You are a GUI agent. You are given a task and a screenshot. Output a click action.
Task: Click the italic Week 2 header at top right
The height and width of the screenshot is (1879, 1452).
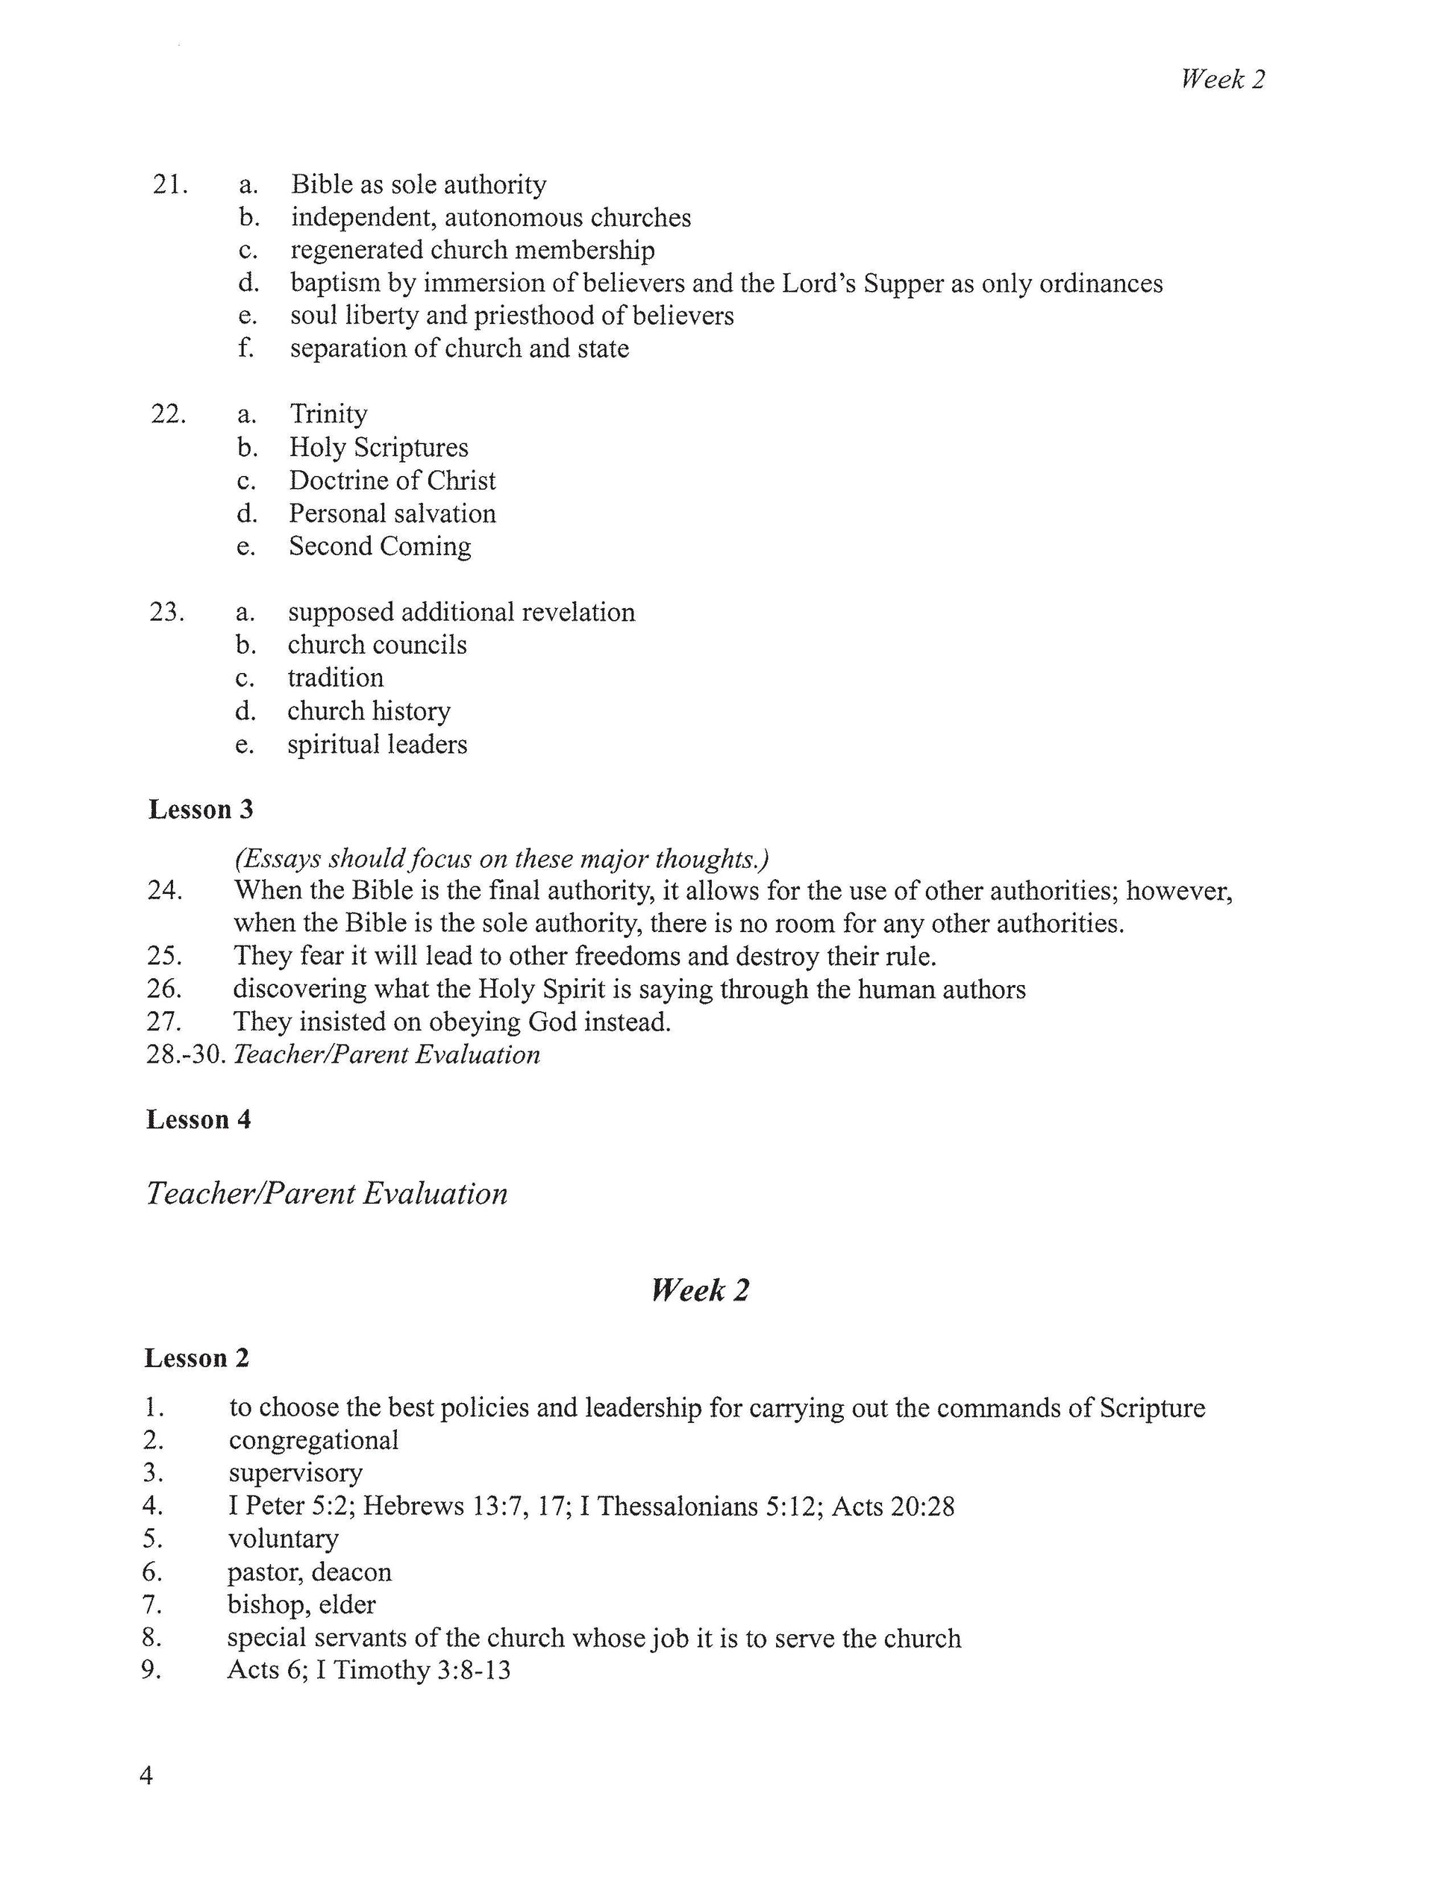pyautogui.click(x=1221, y=79)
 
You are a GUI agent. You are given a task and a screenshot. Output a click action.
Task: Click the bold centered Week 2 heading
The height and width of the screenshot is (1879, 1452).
pyautogui.click(x=700, y=1289)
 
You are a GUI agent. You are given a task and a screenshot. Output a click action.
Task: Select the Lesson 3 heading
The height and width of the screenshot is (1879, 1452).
pyautogui.click(x=201, y=810)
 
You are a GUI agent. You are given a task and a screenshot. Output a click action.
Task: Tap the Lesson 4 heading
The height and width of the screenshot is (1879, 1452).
pyautogui.click(x=198, y=1119)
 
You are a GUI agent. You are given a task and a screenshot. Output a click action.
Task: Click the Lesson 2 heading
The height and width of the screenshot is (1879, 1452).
pyautogui.click(x=197, y=1357)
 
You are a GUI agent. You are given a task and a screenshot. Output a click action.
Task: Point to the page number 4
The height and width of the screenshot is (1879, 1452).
pyautogui.click(x=146, y=1775)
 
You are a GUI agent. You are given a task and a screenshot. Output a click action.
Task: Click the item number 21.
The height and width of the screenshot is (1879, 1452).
pyautogui.click(x=169, y=184)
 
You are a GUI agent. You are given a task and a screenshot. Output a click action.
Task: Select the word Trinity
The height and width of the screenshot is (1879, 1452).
pyautogui.click(x=328, y=414)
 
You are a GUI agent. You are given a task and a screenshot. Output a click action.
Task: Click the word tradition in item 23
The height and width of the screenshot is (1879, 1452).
pyautogui.click(x=336, y=678)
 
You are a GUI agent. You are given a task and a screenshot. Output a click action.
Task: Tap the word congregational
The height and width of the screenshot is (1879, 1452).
pyautogui.click(x=313, y=1440)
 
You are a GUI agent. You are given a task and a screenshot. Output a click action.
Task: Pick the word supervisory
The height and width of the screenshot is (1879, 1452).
pyautogui.click(x=295, y=1473)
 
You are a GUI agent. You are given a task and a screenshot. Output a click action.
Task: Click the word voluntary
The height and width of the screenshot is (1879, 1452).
pyautogui.click(x=283, y=1539)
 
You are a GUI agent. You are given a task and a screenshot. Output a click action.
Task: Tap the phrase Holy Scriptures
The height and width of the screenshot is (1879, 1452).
pyautogui.click(x=378, y=448)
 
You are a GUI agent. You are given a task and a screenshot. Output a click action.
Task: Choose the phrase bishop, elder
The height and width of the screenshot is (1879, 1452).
pyautogui.click(x=301, y=1604)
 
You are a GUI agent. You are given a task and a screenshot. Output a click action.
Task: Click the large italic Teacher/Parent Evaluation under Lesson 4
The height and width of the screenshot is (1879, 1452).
pyautogui.click(x=327, y=1193)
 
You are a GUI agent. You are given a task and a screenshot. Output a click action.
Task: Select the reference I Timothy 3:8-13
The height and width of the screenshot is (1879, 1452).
pyautogui.click(x=413, y=1670)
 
